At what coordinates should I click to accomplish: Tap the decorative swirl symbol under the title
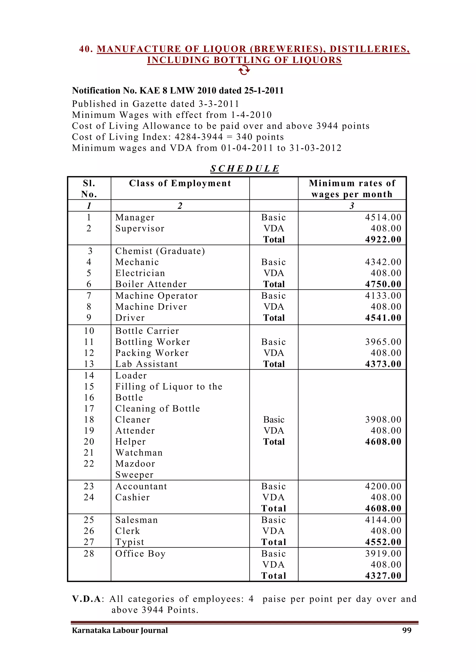[244, 70]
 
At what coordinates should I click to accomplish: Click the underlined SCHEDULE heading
[245, 169]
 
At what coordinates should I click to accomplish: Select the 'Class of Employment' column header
[180, 183]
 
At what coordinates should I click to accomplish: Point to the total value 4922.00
[383, 239]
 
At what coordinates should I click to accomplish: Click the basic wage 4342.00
[383, 262]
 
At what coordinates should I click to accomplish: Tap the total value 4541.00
[383, 318]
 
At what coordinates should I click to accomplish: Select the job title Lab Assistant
[147, 364]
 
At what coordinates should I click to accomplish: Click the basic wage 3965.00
[383, 342]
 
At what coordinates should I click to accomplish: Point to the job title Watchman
[139, 453]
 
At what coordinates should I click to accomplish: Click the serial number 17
[89, 409]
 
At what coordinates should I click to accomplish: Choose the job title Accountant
[141, 486]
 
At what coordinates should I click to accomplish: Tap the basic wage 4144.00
[383, 520]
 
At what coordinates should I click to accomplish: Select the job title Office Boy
[140, 554]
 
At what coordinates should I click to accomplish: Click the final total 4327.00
[383, 576]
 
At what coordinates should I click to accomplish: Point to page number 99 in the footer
[407, 630]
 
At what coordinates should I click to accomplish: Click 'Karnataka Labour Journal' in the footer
[120, 630]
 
